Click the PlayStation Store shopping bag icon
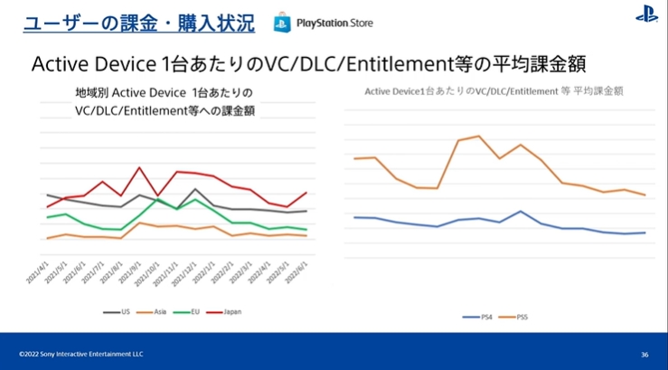[283, 21]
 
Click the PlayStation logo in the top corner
[646, 14]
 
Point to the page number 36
[644, 354]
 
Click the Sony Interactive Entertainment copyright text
[81, 354]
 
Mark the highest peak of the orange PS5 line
[478, 136]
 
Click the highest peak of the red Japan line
[139, 167]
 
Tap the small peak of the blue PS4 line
[521, 211]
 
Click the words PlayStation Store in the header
[334, 22]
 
